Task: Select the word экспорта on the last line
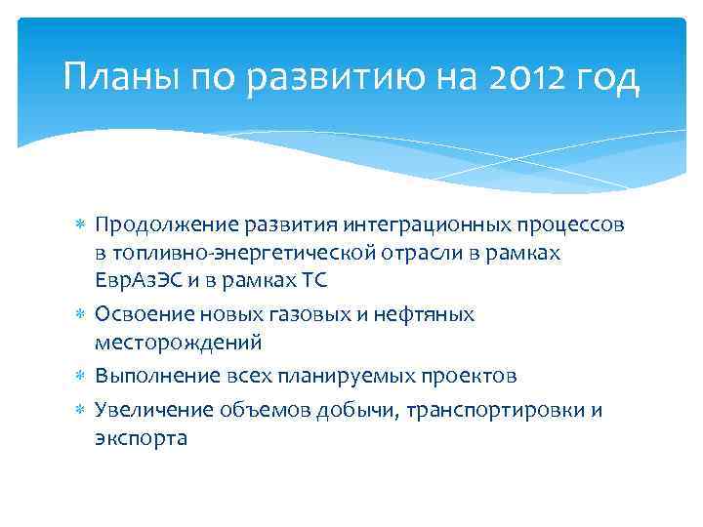tap(141, 437)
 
